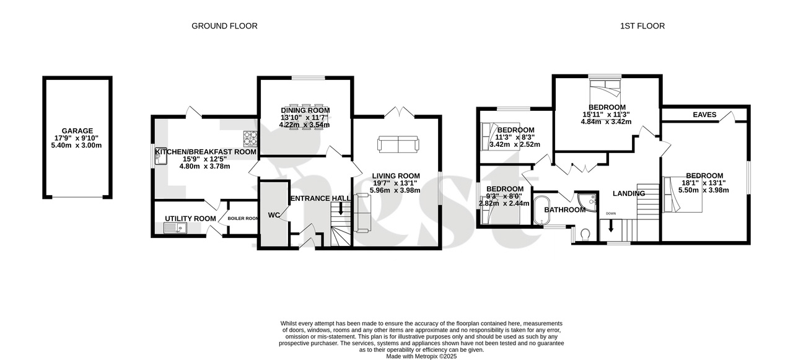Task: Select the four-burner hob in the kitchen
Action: [x=250, y=136]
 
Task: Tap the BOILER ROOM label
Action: [x=243, y=219]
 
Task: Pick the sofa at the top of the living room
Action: [x=397, y=145]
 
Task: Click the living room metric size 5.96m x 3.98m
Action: [x=395, y=190]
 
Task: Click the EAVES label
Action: [x=704, y=115]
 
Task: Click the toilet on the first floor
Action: [x=585, y=234]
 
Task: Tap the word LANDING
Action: [x=629, y=194]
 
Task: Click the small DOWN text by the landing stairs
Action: [x=611, y=214]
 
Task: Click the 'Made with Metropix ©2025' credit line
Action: [x=421, y=356]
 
